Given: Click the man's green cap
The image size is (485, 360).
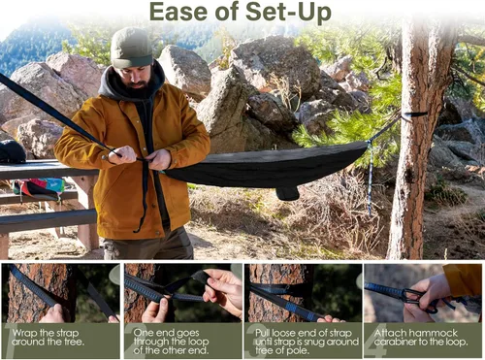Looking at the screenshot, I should (130, 47).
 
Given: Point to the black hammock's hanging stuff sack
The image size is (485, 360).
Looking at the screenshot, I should (286, 191).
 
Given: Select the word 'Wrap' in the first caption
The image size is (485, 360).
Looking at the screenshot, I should (25, 331).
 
